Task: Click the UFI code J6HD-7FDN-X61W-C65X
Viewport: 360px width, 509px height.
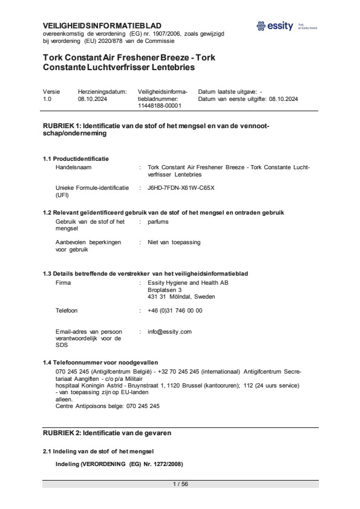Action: (x=181, y=187)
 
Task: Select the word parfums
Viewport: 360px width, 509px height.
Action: (x=158, y=222)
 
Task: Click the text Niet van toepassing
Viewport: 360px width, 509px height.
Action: (x=174, y=242)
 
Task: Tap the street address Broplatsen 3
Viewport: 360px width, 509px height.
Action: (x=165, y=290)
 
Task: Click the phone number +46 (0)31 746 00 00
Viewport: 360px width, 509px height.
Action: (x=175, y=311)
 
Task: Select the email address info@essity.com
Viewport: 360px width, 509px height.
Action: (x=169, y=332)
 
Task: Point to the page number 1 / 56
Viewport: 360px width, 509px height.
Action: (x=180, y=484)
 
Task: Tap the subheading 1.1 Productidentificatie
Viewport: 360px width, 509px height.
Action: (x=76, y=159)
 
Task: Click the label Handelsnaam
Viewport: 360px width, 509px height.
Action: (x=73, y=166)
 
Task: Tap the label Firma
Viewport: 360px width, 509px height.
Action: (x=63, y=283)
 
